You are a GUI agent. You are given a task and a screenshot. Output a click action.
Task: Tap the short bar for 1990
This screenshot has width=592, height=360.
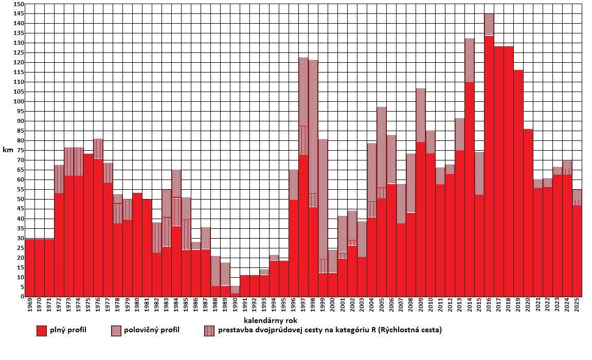point(235,291)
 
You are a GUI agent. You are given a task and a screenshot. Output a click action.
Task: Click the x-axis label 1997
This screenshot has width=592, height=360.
point(303,307)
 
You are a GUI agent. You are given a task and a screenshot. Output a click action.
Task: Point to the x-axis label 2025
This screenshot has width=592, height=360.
point(577,307)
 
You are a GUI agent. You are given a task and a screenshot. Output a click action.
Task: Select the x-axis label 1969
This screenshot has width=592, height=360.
point(30,307)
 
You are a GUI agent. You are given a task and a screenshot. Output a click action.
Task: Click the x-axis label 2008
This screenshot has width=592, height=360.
point(411,307)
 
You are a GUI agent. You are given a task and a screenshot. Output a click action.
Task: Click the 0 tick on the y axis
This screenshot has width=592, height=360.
point(22,297)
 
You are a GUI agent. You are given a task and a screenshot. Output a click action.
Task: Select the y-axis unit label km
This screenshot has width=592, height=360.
point(9,150)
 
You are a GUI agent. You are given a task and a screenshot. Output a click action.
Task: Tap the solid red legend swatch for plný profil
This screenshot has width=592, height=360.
point(42,331)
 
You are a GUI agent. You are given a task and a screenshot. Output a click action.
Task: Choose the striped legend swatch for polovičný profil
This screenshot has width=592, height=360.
point(116,331)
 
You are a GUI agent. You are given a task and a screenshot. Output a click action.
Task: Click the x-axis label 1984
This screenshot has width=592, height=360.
point(176,307)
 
